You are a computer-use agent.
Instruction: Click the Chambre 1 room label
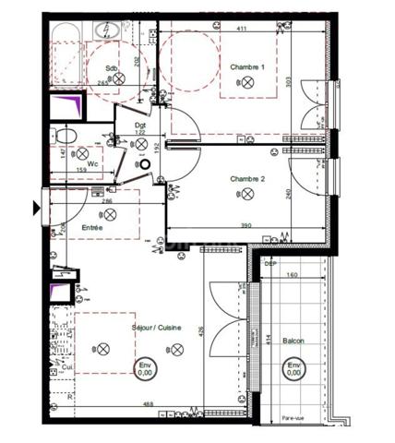coord(247,67)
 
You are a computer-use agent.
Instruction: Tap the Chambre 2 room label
coord(247,178)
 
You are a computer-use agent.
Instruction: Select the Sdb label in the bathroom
coord(112,68)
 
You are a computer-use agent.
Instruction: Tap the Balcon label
coord(294,341)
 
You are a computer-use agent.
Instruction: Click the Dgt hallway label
coord(141,126)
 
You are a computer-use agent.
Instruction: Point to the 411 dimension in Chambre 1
coord(241,30)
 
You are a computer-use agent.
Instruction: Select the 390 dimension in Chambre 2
coord(246,225)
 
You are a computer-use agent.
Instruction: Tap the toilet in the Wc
coord(65,136)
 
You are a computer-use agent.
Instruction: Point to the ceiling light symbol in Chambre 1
coord(249,83)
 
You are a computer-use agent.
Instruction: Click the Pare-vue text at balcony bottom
coord(294,420)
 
